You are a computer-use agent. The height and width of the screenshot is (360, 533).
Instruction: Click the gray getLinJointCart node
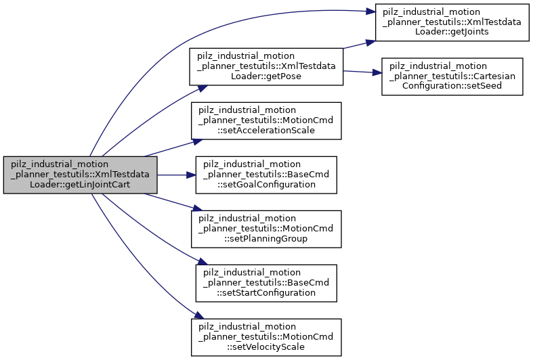[x=81, y=175]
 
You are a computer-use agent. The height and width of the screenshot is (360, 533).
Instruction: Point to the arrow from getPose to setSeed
[x=362, y=72]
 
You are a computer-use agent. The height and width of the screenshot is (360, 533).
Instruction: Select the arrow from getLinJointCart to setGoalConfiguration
[x=176, y=175]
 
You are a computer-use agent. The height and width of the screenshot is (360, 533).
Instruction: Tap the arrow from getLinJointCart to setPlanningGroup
[x=169, y=203]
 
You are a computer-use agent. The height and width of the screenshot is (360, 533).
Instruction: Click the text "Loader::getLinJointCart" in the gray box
[x=81, y=185]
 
